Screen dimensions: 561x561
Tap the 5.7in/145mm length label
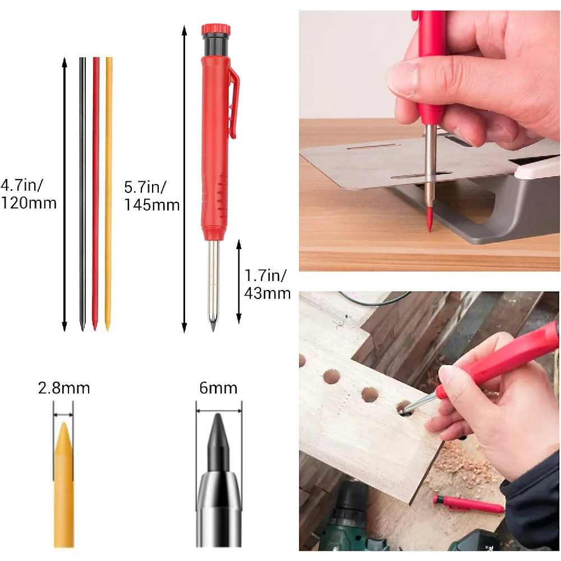pyautogui.click(x=151, y=196)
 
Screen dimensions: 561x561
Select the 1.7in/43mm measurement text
pyautogui.click(x=267, y=284)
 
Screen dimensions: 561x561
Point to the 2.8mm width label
pyautogui.click(x=64, y=388)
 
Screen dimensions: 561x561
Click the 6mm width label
pyautogui.click(x=218, y=388)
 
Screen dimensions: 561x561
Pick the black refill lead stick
pyautogui.click(x=82, y=191)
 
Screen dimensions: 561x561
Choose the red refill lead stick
pyautogui.click(x=95, y=191)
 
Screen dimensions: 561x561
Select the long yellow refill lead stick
pyautogui.click(x=108, y=191)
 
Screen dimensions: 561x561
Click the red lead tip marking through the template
pyautogui.click(x=430, y=222)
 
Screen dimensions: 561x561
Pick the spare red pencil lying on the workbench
pyautogui.click(x=469, y=504)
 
